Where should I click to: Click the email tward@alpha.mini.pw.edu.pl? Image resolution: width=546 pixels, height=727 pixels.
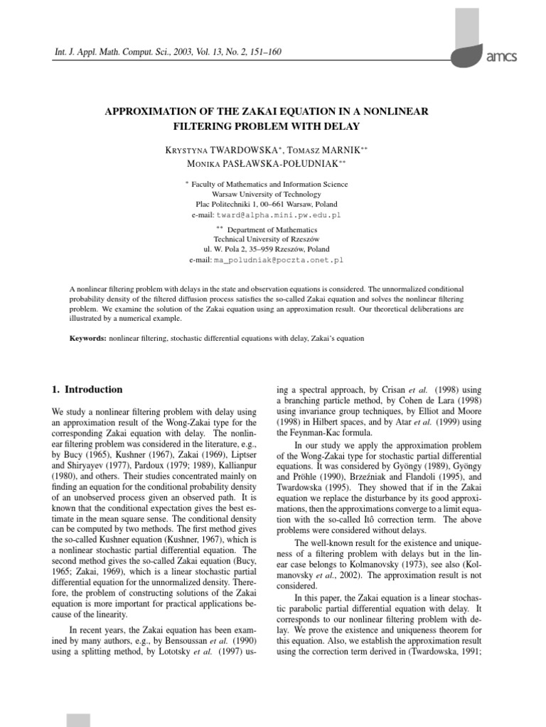[x=291, y=214]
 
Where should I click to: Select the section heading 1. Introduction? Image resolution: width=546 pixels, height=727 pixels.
[x=87, y=390]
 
